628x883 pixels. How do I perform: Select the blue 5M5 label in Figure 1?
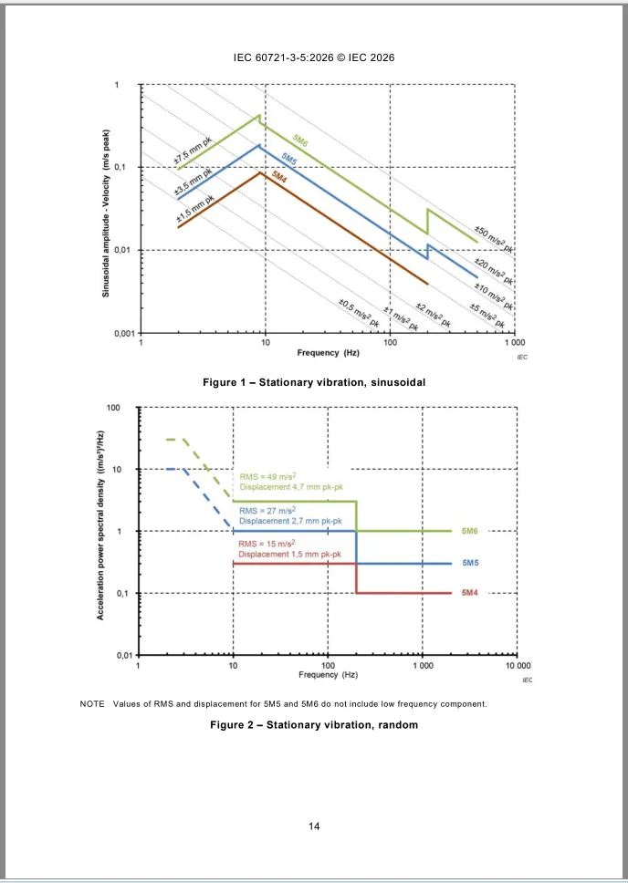(288, 161)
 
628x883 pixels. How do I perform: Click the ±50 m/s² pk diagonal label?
(494, 239)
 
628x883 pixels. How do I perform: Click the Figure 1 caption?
(314, 381)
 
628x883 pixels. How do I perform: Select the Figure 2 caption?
(314, 725)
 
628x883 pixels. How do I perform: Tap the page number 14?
(314, 826)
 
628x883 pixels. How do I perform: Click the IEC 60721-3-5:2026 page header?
(314, 57)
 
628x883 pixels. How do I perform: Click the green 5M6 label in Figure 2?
(471, 531)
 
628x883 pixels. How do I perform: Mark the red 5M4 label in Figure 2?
(470, 594)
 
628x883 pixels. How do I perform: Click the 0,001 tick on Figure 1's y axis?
(123, 333)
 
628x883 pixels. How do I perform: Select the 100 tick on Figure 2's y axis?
(113, 407)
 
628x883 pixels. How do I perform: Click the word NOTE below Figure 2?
(92, 703)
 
